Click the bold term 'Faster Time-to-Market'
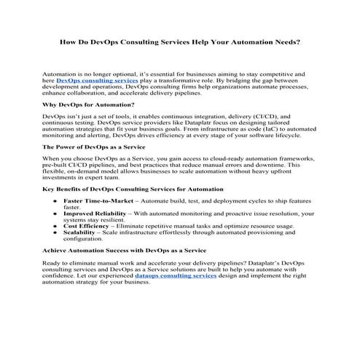pos(95,200)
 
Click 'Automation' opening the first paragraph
pos(59,75)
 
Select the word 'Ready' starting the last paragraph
pos(52,262)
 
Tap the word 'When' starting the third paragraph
pos(52,158)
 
